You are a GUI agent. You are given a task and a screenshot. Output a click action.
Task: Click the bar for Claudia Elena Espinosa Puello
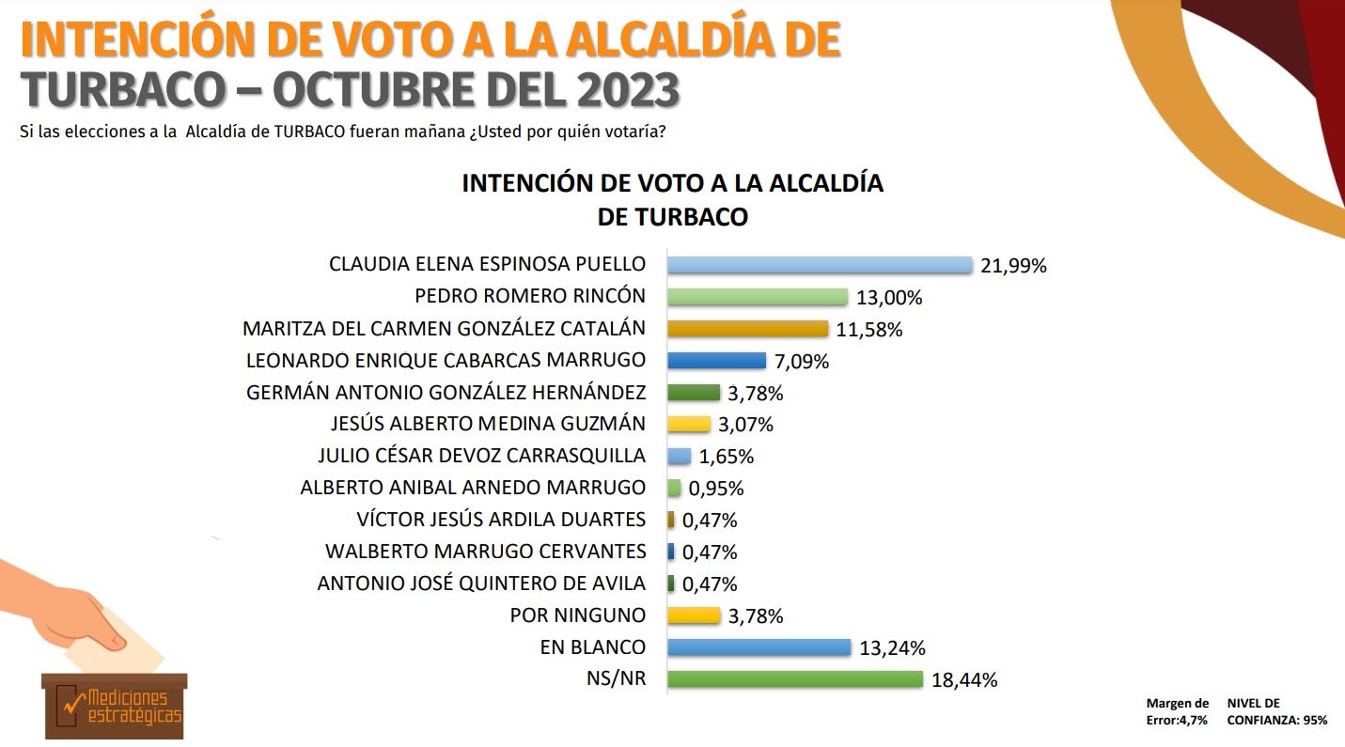(x=819, y=265)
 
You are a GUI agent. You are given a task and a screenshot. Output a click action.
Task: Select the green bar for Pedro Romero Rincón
(x=758, y=297)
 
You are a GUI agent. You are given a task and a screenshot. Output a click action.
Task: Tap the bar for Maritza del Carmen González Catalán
(x=747, y=329)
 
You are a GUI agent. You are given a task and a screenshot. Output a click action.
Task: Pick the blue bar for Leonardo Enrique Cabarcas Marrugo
(x=716, y=361)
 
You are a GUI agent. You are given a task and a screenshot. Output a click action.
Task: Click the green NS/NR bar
(x=794, y=678)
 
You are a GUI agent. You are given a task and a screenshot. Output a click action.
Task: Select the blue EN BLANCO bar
(x=759, y=647)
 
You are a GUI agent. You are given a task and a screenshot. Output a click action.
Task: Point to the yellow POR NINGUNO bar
(x=694, y=615)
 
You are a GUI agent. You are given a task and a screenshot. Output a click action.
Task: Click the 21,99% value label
(x=1013, y=266)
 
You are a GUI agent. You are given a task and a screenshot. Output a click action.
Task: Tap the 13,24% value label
(x=892, y=648)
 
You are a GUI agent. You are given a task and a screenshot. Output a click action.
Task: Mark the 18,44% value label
(x=963, y=680)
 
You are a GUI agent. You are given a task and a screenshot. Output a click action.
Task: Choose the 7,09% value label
(x=801, y=362)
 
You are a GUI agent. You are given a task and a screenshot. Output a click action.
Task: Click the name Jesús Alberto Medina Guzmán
(x=489, y=424)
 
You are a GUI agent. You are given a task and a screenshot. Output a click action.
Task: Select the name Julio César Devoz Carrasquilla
(x=482, y=456)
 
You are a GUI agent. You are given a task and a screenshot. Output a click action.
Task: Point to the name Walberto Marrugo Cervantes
(x=485, y=552)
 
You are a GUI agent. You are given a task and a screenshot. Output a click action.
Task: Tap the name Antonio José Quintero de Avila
(x=481, y=584)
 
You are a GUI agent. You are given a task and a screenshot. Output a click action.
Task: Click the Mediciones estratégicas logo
(x=115, y=706)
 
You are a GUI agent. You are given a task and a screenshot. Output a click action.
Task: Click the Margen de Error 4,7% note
(x=1177, y=711)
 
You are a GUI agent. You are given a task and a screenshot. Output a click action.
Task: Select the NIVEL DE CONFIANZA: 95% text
(x=1276, y=711)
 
